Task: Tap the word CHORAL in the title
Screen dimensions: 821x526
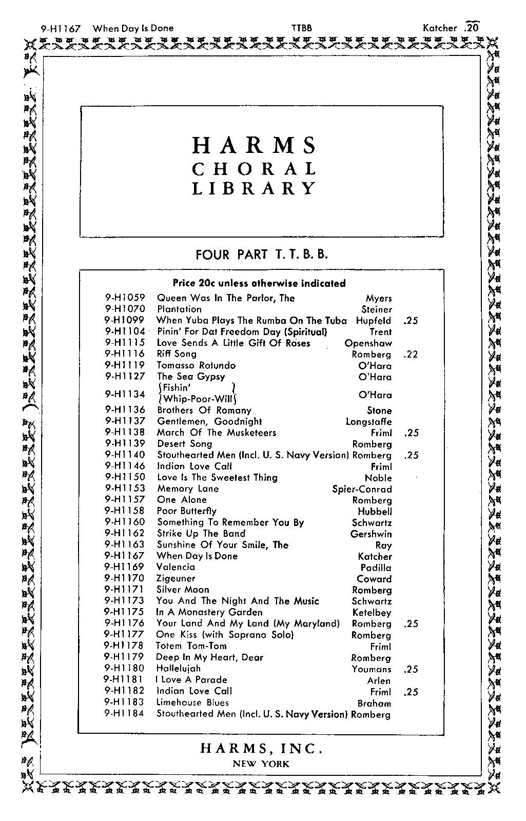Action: (x=255, y=169)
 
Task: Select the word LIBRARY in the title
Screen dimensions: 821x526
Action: (x=255, y=189)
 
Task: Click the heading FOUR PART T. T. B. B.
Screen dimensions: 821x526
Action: (x=261, y=255)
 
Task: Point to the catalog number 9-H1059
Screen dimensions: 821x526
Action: (x=125, y=298)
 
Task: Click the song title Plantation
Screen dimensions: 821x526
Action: (x=179, y=309)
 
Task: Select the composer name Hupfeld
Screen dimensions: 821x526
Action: (x=374, y=321)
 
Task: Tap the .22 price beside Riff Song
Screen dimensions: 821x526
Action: (x=411, y=355)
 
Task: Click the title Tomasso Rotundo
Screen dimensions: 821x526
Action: (x=196, y=365)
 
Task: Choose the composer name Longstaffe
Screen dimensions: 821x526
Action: (x=368, y=422)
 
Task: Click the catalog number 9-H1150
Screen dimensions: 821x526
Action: (x=125, y=477)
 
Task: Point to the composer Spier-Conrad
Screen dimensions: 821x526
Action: (x=362, y=489)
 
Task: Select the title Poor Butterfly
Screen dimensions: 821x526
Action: (x=187, y=511)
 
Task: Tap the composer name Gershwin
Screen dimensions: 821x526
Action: (x=371, y=534)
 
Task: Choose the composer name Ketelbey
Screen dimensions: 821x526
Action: (x=372, y=613)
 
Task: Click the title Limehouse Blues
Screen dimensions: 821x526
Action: (x=192, y=702)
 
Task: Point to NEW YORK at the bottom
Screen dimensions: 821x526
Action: (x=261, y=764)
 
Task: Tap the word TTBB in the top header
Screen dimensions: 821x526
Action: (x=301, y=28)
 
